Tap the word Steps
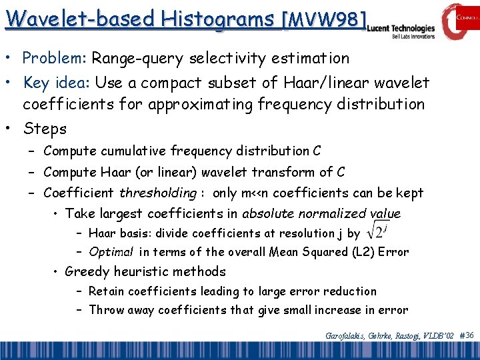coord(45,128)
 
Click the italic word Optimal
coord(111,253)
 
